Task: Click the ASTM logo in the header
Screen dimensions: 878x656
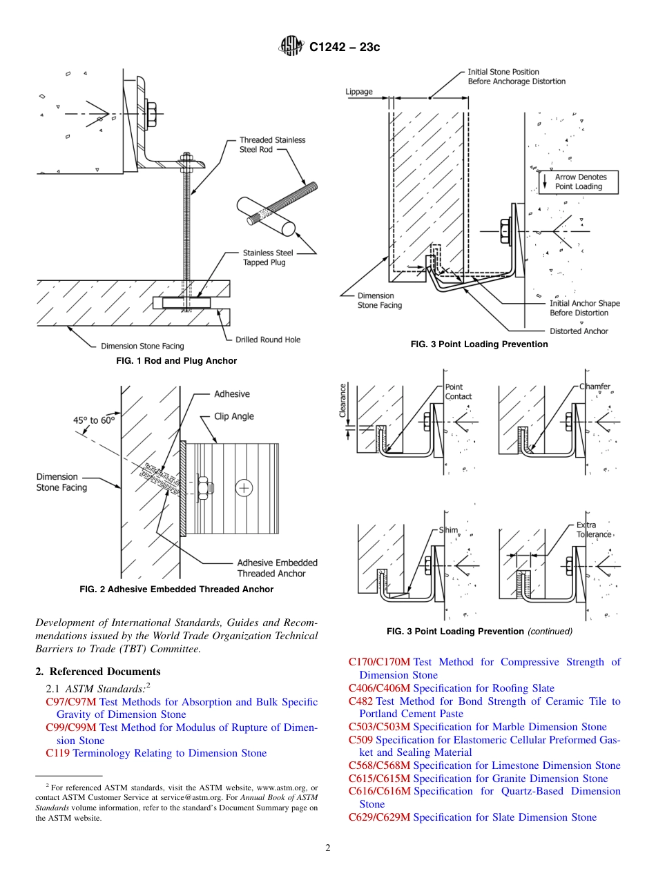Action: (291, 46)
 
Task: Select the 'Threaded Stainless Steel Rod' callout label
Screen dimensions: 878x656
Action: (272, 145)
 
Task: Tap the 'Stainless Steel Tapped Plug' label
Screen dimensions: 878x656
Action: (264, 257)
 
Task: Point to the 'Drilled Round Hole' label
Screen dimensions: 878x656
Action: (268, 340)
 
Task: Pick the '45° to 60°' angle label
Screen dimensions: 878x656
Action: (95, 420)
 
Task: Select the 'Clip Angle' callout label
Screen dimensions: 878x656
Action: (233, 416)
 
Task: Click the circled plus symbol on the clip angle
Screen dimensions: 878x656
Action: (244, 489)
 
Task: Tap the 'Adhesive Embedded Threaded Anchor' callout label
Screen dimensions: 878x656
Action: (277, 568)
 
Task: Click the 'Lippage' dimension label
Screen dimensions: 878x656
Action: (358, 91)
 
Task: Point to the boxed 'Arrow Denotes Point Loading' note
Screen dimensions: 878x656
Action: (579, 182)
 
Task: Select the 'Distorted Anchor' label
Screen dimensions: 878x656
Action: (579, 331)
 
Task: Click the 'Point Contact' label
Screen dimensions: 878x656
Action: (458, 392)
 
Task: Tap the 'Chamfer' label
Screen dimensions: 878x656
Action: (595, 387)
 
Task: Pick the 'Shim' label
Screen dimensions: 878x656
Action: (449, 530)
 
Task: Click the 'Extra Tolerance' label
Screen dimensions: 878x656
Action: (594, 529)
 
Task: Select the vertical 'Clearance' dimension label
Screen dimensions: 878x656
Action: (343, 400)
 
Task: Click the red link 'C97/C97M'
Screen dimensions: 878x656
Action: (72, 702)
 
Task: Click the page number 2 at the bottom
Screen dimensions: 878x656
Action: (328, 848)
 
